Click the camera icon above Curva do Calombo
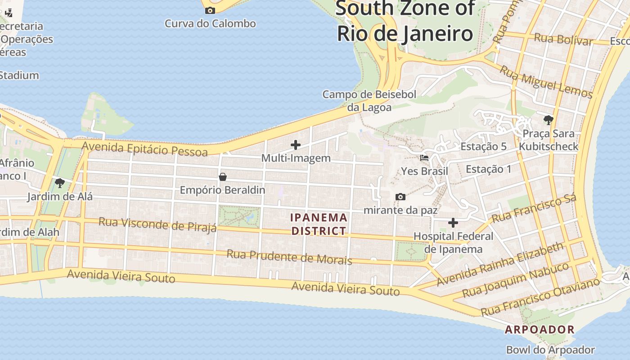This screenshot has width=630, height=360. tap(210, 10)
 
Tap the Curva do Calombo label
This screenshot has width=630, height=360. tap(210, 23)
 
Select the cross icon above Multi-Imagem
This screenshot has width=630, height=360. tap(296, 145)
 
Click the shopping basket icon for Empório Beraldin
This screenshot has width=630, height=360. tap(222, 177)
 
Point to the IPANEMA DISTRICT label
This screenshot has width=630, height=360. tap(319, 224)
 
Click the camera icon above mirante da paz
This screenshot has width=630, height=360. tap(400, 197)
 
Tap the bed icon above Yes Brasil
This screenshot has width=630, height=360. tap(424, 158)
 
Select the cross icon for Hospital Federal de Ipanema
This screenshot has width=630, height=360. tap(453, 223)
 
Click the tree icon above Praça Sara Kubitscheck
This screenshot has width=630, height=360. tap(548, 120)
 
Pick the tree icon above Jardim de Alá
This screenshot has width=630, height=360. tap(59, 183)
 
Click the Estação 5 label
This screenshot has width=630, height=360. tap(483, 146)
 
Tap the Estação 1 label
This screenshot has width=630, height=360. tap(489, 169)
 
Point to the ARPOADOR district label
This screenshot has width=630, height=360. tap(540, 329)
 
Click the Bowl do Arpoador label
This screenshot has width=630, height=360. tap(550, 350)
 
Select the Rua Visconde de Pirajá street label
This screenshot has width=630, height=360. tap(157, 224)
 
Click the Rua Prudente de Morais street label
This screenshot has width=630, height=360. tap(289, 257)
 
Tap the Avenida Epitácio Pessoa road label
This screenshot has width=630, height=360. tap(145, 148)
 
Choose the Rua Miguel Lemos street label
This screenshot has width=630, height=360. tap(546, 81)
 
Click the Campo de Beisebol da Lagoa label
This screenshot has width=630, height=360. tap(369, 101)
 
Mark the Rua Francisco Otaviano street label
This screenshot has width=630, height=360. tap(540, 297)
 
